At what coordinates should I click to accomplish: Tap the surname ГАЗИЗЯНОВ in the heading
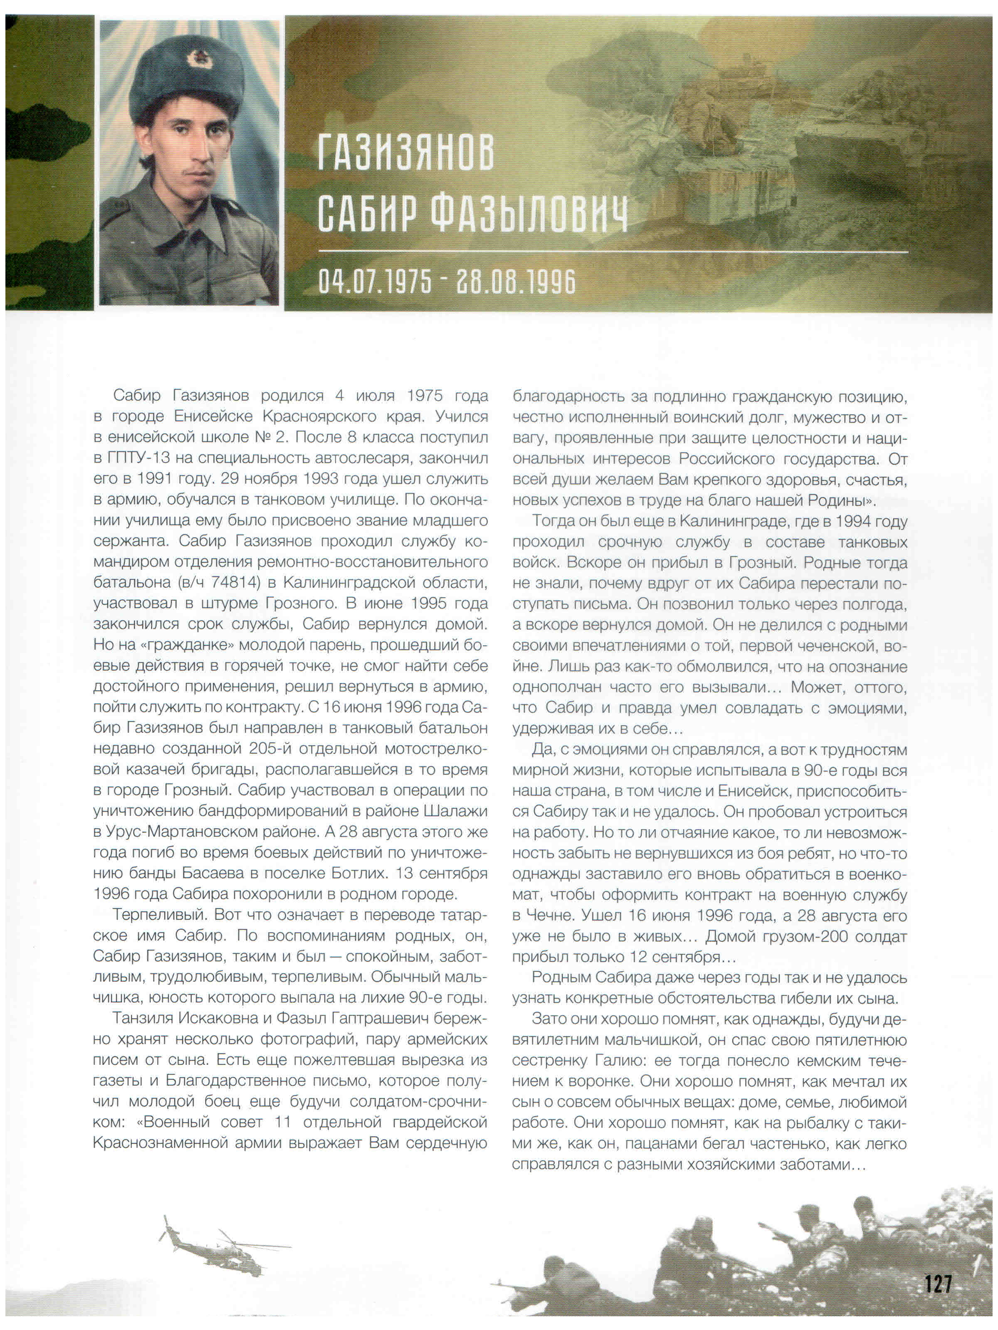click(405, 153)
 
